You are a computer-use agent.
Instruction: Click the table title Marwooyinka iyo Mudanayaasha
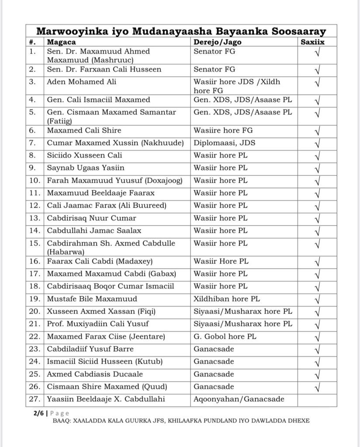[180, 31]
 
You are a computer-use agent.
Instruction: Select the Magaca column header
[62, 42]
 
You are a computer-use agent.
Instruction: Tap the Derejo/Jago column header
[217, 42]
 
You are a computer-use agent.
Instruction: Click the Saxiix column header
[313, 42]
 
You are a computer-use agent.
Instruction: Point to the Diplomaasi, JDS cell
[225, 143]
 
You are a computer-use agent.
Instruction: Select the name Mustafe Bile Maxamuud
[92, 299]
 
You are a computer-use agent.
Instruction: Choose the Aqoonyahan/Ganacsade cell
[239, 399]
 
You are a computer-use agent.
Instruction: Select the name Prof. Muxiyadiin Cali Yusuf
[98, 324]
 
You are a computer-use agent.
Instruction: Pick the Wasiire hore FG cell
[223, 130]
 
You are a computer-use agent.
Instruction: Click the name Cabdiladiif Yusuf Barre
[90, 349]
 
